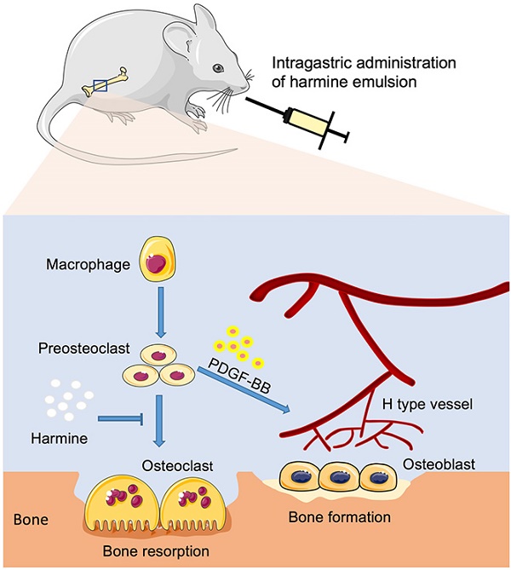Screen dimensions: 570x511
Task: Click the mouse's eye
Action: pos(217,67)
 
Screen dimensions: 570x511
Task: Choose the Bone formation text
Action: pos(339,516)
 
